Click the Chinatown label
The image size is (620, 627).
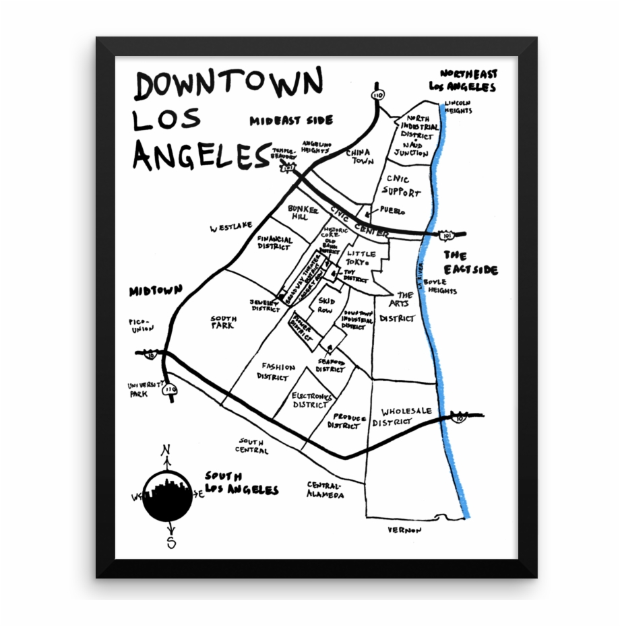pos(359,157)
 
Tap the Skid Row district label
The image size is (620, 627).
pos(326,306)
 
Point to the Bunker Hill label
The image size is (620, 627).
pos(297,213)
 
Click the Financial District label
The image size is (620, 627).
pos(275,242)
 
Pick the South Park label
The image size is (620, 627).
pos(223,322)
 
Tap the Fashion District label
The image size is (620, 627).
pos(277,372)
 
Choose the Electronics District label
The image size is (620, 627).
pos(311,401)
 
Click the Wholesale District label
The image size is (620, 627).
pos(406,416)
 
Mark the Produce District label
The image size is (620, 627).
pos(348,422)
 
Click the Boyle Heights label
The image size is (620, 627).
pos(440,287)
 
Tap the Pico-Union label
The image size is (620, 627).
pos(142,325)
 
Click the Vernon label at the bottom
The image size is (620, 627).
pos(404,530)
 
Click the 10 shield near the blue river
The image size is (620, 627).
pos(460,418)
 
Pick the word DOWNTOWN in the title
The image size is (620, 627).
pos(228,84)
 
